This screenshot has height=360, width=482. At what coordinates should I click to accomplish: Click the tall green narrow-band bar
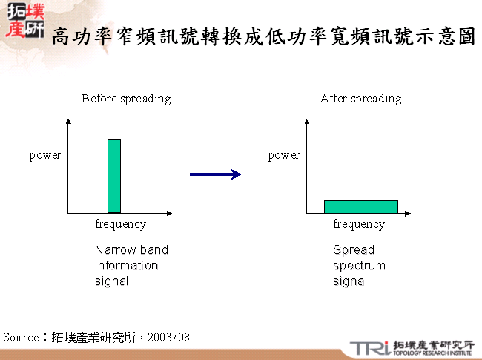tap(114, 176)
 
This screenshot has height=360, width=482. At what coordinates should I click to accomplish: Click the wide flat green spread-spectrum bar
tap(361, 206)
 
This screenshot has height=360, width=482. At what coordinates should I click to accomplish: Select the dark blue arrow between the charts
tap(215, 174)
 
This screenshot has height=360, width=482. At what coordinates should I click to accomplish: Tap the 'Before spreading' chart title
tap(126, 99)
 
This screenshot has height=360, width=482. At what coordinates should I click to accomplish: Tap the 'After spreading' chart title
tap(360, 99)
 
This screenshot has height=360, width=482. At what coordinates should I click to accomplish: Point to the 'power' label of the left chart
tap(45, 155)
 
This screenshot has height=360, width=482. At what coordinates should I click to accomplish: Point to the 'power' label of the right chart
tap(284, 155)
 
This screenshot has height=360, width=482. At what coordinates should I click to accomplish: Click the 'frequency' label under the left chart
tap(121, 224)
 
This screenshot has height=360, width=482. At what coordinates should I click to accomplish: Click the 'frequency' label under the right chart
tap(359, 224)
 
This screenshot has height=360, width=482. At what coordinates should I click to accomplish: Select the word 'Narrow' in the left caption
tap(111, 250)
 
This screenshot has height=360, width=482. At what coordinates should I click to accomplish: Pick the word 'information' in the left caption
tap(126, 266)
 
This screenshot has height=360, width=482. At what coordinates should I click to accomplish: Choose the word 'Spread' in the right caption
tap(354, 250)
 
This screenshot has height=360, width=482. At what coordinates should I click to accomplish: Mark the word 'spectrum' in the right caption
tap(359, 266)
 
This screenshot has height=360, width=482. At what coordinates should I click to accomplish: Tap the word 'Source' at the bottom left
tap(21, 338)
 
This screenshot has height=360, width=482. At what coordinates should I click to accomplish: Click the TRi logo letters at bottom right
tap(369, 347)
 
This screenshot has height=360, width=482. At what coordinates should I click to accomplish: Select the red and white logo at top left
tap(24, 22)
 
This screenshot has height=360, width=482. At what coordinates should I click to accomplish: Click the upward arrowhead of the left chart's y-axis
tap(68, 121)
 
